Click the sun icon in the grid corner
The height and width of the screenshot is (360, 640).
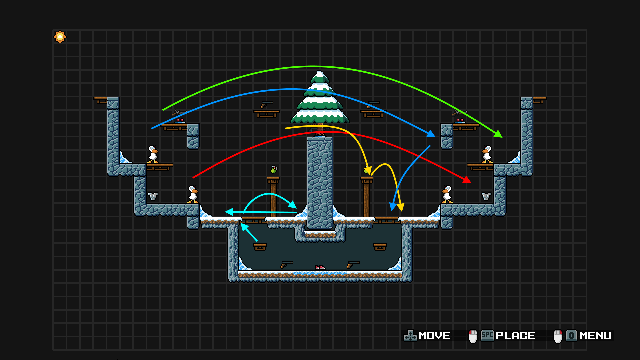tap(60, 37)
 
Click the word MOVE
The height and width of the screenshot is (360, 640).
tap(434, 336)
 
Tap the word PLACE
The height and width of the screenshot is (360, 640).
tap(515, 336)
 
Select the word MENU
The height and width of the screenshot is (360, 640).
tap(595, 336)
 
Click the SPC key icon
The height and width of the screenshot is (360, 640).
tap(487, 335)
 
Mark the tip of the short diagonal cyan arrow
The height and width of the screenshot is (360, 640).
tap(241, 224)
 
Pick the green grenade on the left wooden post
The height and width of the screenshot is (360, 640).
tap(273, 170)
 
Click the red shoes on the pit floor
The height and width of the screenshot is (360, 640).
tap(320, 267)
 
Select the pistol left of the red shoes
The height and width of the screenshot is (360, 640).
tap(286, 264)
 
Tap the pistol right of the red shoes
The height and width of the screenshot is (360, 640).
tap(353, 264)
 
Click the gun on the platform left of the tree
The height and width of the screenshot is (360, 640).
tap(267, 104)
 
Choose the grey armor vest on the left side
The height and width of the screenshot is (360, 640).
tap(153, 196)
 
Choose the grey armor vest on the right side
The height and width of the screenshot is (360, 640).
tap(486, 196)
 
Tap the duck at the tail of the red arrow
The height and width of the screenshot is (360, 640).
tap(193, 195)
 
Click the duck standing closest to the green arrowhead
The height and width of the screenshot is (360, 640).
tap(487, 154)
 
